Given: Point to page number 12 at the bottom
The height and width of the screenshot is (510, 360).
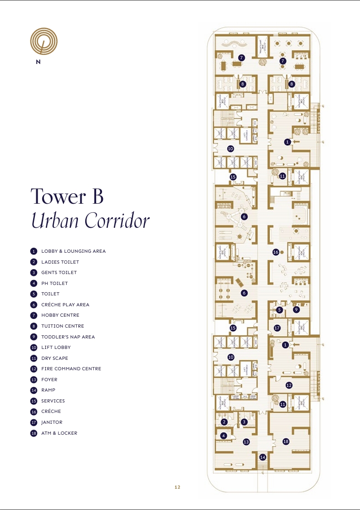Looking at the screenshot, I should (177, 487).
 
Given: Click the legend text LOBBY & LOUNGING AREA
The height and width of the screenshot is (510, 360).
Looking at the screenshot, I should (73, 251).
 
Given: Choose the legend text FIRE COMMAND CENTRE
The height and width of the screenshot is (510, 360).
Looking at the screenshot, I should (71, 369).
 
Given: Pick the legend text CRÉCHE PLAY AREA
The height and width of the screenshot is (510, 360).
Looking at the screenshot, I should (65, 304).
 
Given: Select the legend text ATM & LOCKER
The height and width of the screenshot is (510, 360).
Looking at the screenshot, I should (59, 433).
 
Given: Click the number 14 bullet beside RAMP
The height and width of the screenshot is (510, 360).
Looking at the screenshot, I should (34, 390).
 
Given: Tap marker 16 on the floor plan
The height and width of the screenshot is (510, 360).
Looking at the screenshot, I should (275, 252).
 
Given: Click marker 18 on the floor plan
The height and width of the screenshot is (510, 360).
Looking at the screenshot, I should (286, 441).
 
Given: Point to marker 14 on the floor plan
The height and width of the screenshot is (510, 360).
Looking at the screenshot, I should (263, 457).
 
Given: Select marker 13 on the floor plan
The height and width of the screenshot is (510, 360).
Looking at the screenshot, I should (246, 441).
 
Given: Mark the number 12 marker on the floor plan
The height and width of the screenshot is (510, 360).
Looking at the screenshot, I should (289, 385).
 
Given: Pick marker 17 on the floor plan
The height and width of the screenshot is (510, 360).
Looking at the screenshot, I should (277, 328).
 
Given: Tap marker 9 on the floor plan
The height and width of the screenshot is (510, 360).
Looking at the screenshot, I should (296, 309).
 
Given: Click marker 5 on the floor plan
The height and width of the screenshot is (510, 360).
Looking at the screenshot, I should (280, 310).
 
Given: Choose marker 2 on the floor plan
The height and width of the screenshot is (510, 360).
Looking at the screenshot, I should (224, 422).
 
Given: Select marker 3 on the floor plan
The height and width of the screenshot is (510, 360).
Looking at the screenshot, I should (244, 422).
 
